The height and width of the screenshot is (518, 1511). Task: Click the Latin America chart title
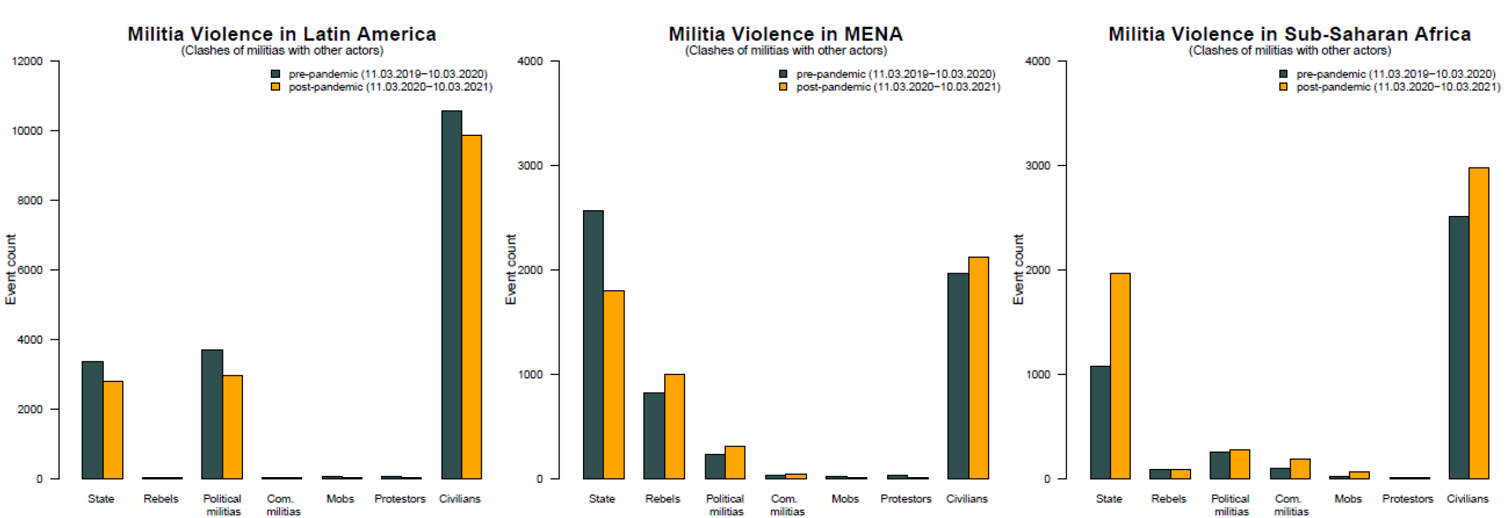click(281, 33)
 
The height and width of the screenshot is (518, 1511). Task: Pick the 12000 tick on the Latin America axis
click(27, 61)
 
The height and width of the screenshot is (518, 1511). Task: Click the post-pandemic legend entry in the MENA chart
click(897, 87)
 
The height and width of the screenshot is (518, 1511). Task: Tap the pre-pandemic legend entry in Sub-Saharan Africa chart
click(1395, 74)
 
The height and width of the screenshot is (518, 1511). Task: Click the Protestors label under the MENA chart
click(905, 498)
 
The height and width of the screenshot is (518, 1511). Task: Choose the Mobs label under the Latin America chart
click(340, 498)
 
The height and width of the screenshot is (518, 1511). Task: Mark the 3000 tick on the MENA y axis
click(529, 166)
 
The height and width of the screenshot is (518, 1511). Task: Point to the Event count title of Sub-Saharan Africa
click(1018, 269)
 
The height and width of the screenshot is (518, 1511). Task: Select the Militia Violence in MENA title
click(785, 33)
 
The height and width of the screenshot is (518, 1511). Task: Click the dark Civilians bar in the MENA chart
click(958, 376)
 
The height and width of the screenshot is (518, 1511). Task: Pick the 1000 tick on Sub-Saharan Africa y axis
click(1038, 374)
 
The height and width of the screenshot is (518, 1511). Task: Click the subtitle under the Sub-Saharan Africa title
click(1289, 50)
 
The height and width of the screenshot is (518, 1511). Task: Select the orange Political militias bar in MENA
click(735, 462)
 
